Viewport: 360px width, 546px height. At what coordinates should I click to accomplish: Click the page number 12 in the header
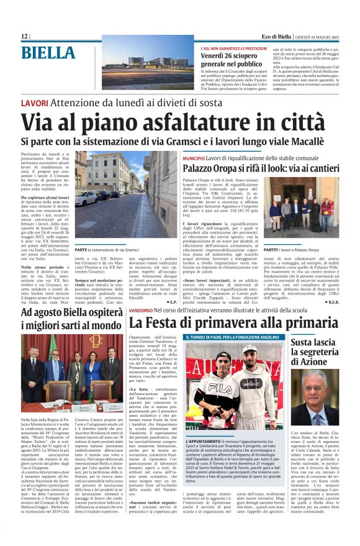click(24, 37)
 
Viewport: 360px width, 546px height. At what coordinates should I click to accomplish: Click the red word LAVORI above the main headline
click(34, 102)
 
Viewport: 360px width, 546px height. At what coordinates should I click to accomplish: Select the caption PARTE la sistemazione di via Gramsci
click(106, 249)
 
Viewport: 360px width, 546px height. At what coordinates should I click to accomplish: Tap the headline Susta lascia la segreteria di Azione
click(318, 352)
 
